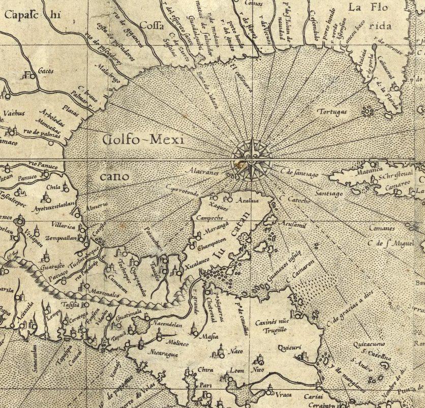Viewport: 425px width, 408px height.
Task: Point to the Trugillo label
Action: coord(275,330)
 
